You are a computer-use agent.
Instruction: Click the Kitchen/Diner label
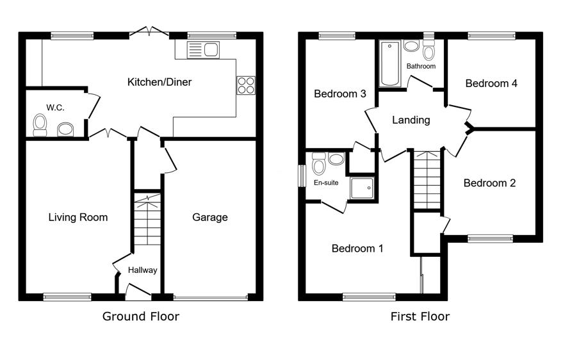[159, 82]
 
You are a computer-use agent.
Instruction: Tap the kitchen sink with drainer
[203, 50]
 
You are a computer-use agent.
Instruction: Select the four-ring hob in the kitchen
[246, 85]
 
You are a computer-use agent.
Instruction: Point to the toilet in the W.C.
[40, 126]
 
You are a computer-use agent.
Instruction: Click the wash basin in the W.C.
[65, 129]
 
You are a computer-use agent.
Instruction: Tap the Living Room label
[78, 217]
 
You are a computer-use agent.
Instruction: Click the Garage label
[210, 217]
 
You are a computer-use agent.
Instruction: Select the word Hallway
[143, 270]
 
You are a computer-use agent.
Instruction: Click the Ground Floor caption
[141, 316]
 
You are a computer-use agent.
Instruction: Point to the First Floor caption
[420, 316]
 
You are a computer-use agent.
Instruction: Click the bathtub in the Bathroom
[390, 63]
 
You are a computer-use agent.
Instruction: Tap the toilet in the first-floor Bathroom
[428, 50]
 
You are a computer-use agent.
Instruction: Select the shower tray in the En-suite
[362, 187]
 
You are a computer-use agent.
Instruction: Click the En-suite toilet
[318, 164]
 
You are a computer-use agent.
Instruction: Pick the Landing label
[411, 120]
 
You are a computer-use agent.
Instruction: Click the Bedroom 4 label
[491, 84]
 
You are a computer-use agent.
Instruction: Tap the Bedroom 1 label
[357, 249]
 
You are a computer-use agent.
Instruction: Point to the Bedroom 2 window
[491, 238]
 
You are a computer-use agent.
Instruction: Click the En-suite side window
[302, 176]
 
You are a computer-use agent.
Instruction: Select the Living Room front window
[67, 297]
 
